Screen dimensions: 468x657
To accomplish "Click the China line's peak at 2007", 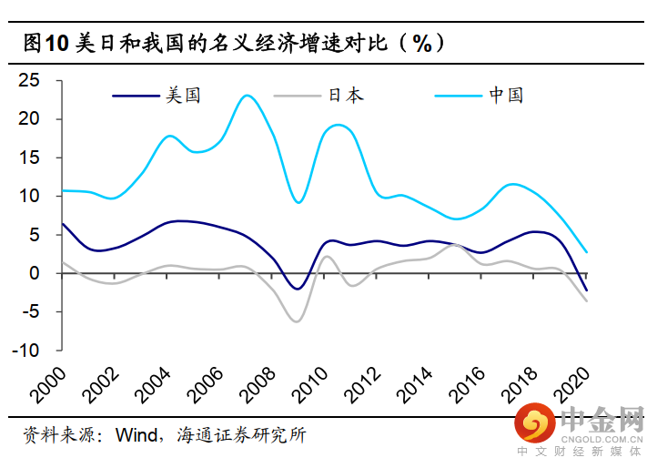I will point(247,95).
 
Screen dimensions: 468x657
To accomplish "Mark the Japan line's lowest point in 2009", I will point(297,321).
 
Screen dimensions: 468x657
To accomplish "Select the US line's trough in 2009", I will point(297,289).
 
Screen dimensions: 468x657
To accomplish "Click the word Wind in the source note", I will point(136,434).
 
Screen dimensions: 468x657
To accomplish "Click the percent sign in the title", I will point(421,43).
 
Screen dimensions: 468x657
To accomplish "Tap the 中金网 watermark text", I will point(601,422).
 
